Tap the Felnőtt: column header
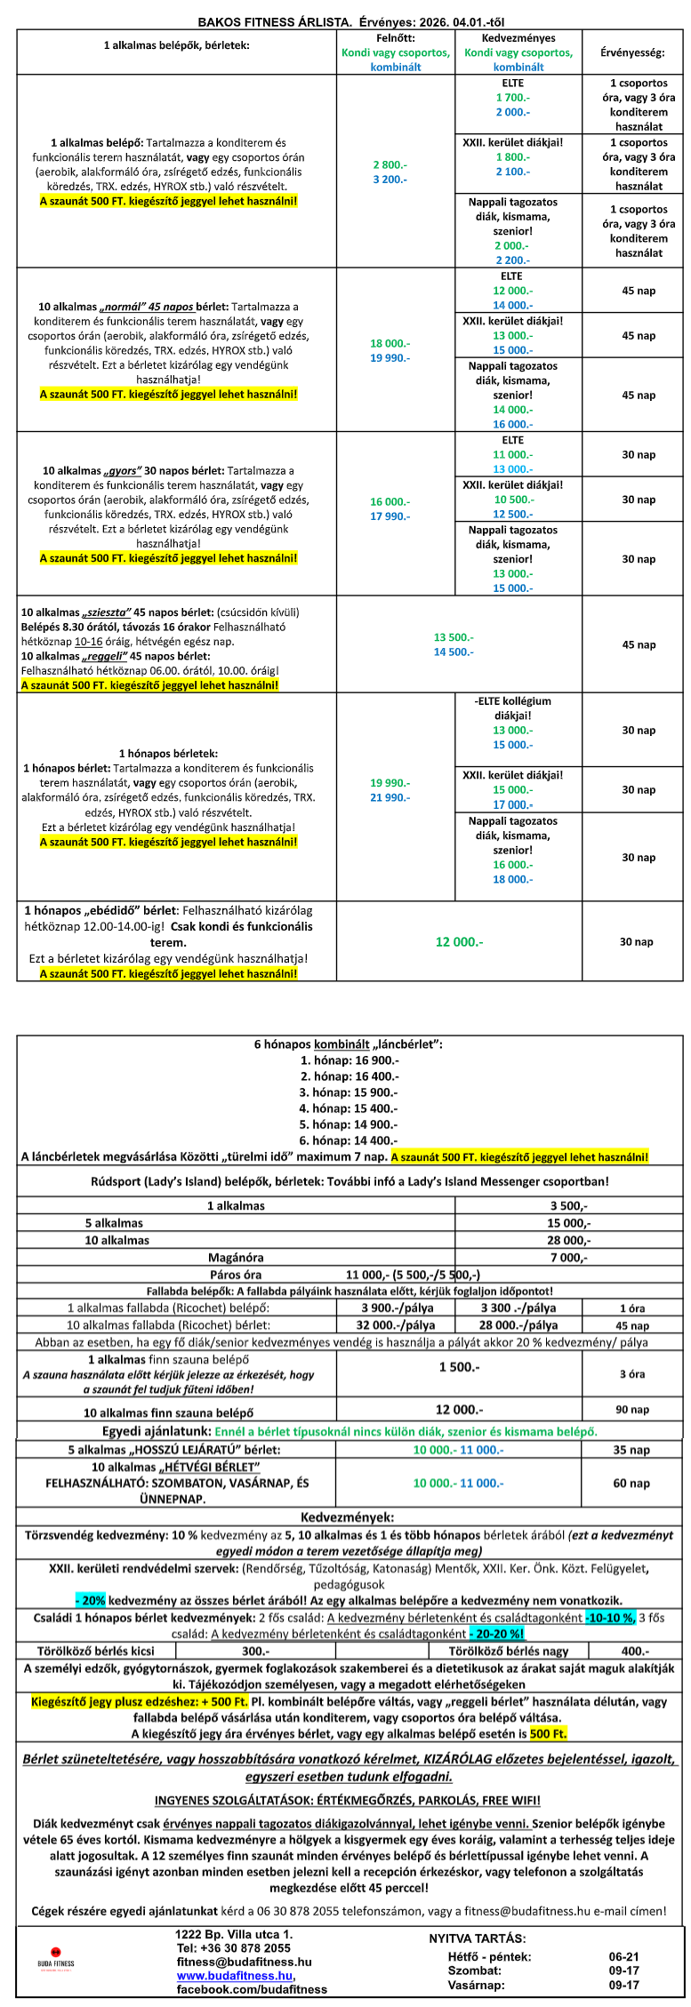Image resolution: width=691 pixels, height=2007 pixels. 395,39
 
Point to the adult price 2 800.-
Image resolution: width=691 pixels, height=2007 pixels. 390,164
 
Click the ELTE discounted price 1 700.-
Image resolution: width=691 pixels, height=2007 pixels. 512,98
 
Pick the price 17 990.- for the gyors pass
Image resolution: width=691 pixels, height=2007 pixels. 390,516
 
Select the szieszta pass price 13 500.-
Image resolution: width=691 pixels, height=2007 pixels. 454,637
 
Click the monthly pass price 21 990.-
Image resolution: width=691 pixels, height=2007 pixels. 390,797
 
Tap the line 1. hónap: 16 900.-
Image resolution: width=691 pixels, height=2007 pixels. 350,1060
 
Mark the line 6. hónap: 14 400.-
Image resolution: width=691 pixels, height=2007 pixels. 350,1140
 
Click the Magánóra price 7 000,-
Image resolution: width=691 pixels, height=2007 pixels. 568,1258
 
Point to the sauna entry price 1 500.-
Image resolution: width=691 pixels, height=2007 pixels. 459,1367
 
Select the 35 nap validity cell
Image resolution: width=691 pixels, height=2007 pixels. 631,1450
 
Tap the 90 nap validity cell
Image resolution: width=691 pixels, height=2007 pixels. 631,1410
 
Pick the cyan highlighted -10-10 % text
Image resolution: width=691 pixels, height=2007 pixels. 610,1618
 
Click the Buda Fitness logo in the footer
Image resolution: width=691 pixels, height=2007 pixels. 55,1963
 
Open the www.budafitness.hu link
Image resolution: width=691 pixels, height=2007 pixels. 235,1976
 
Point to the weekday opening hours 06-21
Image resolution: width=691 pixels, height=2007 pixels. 623,1956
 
